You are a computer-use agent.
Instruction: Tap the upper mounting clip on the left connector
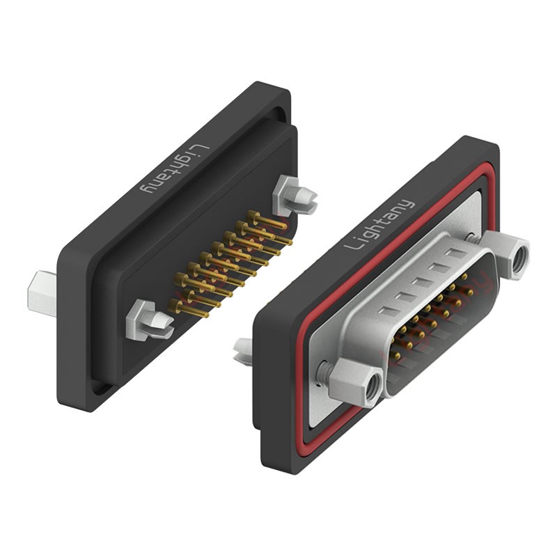point(294,196)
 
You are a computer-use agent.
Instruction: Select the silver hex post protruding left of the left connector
point(42,293)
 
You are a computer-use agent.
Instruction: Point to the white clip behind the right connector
point(243,351)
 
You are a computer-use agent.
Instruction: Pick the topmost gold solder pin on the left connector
point(267,220)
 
